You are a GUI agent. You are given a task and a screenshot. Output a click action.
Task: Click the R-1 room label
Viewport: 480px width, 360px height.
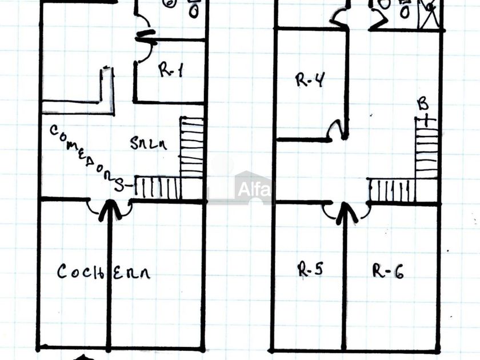[x=170, y=71]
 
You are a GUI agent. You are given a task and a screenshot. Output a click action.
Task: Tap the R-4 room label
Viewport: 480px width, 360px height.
[x=310, y=80]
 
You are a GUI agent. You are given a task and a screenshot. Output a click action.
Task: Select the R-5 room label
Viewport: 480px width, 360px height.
[x=311, y=269]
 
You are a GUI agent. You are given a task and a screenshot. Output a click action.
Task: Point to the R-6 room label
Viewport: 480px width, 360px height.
[x=388, y=270]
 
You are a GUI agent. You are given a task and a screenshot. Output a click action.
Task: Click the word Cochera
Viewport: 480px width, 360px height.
[x=103, y=272]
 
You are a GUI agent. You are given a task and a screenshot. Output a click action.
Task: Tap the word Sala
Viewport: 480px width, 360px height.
[x=148, y=143]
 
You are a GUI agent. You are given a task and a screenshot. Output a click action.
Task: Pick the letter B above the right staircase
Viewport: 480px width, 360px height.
[x=423, y=105]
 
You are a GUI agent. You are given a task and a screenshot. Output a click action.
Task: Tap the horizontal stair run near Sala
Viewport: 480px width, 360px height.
[x=157, y=187]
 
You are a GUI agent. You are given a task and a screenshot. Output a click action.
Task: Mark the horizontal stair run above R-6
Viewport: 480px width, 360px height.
[x=391, y=190]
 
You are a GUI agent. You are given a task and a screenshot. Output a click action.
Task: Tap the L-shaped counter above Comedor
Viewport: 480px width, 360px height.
[x=86, y=97]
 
